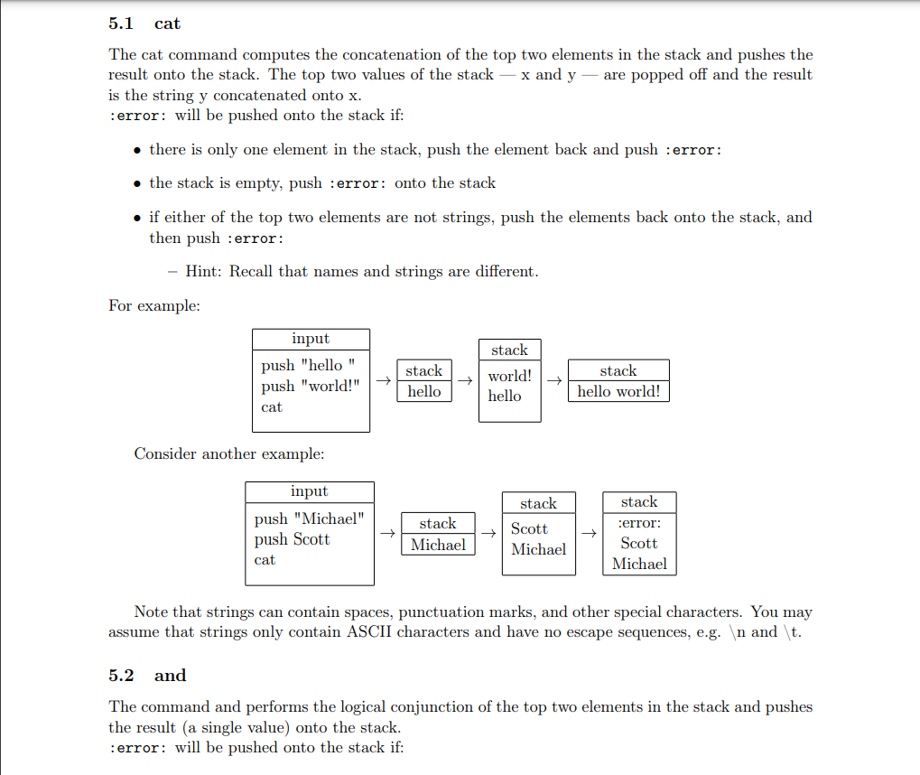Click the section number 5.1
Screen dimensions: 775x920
[x=121, y=23]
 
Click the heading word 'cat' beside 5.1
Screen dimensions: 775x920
[x=167, y=23]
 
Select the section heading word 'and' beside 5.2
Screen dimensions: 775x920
[x=170, y=676]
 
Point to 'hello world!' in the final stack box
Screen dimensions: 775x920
[x=618, y=392]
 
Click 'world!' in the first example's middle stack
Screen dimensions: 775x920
[x=510, y=376]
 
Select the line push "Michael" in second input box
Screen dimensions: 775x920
[x=310, y=519]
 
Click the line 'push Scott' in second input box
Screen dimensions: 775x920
[x=292, y=540]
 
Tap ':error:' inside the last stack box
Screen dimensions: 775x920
[x=639, y=523]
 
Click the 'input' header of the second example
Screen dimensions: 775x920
[x=309, y=492]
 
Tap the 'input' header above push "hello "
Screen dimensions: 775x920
[x=310, y=339]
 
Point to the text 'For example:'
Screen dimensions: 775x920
[x=154, y=305]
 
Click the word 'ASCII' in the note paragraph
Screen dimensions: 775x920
[x=369, y=632]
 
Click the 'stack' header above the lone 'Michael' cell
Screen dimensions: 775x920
[x=438, y=524]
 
